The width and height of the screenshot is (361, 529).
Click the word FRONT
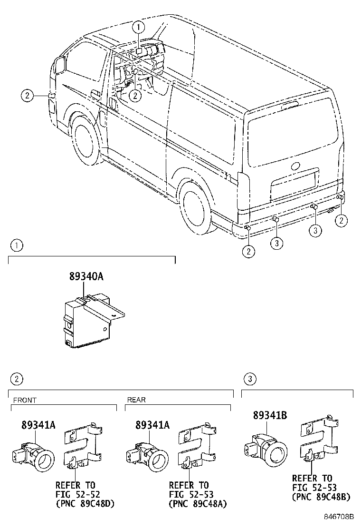pos(25,400)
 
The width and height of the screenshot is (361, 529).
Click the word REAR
pos(136,400)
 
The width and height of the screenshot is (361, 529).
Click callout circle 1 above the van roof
pos(138,28)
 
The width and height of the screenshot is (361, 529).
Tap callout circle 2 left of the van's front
pos(27,96)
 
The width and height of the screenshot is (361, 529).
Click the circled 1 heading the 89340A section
pos(16,245)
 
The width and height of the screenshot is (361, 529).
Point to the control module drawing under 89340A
pos(90,319)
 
